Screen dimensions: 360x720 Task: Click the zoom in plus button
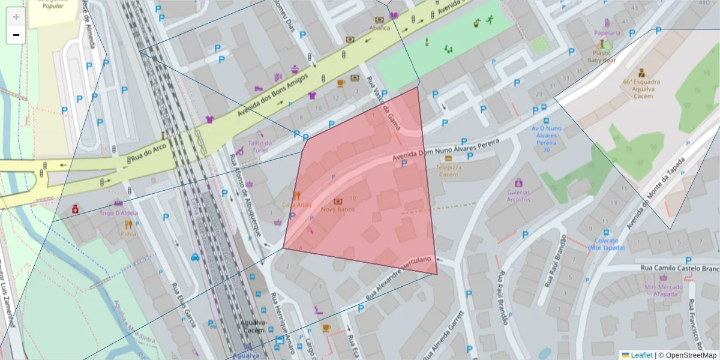[x=16, y=17]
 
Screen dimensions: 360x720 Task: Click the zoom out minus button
[x=16, y=35]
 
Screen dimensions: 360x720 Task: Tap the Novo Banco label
[x=337, y=209]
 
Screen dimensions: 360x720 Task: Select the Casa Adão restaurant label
[x=297, y=205]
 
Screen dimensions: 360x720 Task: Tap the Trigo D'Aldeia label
[x=118, y=213]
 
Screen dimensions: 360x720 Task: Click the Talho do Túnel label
[x=260, y=146]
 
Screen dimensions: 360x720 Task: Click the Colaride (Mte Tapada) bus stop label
[x=606, y=244]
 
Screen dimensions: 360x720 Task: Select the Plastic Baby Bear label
[x=602, y=56]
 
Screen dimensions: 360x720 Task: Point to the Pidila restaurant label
[x=128, y=234]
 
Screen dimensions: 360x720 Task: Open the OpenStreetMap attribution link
[x=691, y=355]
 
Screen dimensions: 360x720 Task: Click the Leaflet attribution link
[x=641, y=355]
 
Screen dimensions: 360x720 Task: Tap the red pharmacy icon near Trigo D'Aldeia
[x=75, y=209]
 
